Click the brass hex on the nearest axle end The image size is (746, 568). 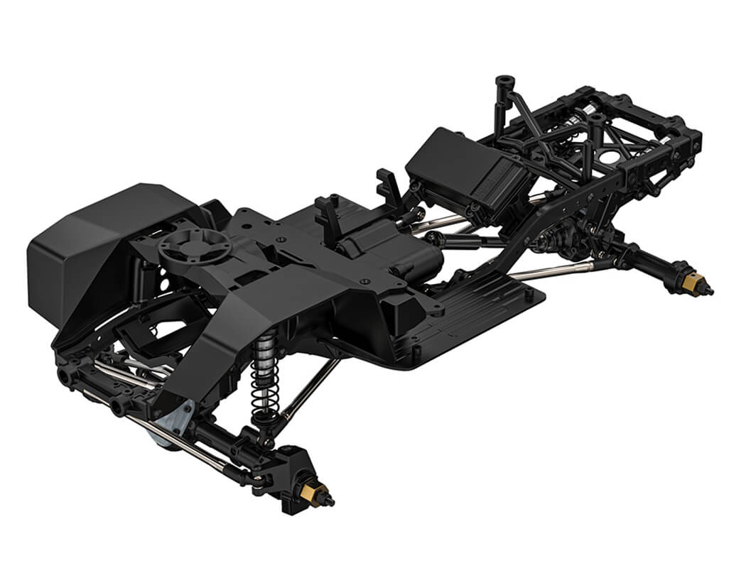(317, 491)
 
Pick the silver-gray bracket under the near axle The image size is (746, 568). (178, 420)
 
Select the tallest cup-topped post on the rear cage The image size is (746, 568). (504, 84)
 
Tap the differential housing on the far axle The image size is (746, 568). (561, 238)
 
